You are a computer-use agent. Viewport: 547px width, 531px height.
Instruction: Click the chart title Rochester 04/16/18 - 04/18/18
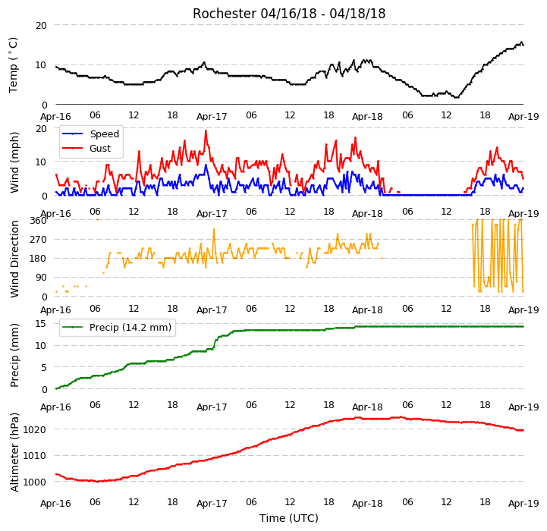(x=289, y=14)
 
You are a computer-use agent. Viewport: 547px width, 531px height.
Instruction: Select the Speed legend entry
(x=90, y=134)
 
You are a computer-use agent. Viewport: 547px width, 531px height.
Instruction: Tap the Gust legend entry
(x=86, y=148)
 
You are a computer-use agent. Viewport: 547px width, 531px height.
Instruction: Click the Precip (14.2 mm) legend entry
(x=117, y=327)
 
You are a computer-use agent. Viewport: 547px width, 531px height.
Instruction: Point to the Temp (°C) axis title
(x=13, y=65)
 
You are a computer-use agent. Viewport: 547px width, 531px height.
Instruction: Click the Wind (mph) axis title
(x=14, y=162)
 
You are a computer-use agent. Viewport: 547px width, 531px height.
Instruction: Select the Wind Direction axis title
(x=14, y=259)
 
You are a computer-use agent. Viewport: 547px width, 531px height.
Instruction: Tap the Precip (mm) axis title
(x=14, y=355)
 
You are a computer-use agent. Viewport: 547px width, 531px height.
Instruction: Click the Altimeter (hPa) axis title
(x=14, y=453)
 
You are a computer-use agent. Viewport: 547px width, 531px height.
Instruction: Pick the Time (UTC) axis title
(x=289, y=518)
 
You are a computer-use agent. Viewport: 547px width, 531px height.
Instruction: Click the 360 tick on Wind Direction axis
(x=39, y=221)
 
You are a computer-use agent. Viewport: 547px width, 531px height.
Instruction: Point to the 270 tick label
(x=39, y=240)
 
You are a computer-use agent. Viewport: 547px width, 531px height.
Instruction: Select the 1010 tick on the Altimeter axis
(x=35, y=456)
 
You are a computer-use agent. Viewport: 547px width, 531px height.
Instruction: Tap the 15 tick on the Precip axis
(x=41, y=324)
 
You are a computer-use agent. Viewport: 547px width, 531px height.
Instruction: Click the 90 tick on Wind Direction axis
(x=41, y=278)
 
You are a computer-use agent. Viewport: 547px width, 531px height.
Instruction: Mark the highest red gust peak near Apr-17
(x=206, y=130)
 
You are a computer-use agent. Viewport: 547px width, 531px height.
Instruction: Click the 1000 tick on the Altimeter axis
(x=35, y=482)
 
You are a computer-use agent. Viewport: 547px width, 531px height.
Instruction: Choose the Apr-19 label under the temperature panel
(x=523, y=116)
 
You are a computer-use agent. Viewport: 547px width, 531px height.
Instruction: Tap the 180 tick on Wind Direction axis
(x=39, y=259)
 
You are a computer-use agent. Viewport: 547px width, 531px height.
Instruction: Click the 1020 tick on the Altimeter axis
(x=35, y=429)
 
